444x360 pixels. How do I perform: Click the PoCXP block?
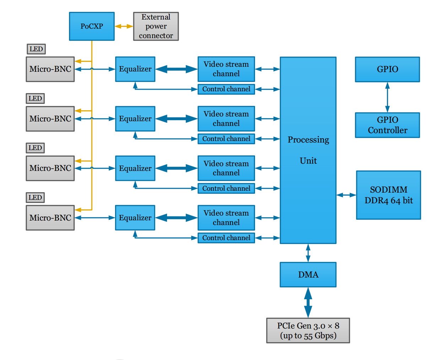92,26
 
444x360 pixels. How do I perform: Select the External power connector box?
156,26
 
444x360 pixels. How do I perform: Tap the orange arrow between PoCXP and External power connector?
124,26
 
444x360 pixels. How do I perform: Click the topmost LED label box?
36,49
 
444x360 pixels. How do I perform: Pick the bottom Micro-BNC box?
50,218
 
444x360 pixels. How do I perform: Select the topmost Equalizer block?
135,69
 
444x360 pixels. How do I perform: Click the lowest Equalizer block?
135,217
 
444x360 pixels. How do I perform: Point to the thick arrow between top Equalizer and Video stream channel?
176,69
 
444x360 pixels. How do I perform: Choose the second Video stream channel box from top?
226,119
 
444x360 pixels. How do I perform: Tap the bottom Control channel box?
226,238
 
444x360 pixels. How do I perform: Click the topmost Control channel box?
226,89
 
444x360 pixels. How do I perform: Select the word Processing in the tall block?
308,140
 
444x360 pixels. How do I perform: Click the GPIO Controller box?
387,125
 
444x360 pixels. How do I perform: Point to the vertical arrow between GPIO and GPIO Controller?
387,97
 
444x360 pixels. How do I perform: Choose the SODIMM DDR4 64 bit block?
388,195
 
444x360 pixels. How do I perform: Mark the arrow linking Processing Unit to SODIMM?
346,195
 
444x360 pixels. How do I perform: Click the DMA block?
308,275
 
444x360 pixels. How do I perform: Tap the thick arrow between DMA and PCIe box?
308,302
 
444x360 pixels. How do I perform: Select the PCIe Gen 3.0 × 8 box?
308,331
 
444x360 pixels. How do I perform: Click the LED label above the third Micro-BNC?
35,148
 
